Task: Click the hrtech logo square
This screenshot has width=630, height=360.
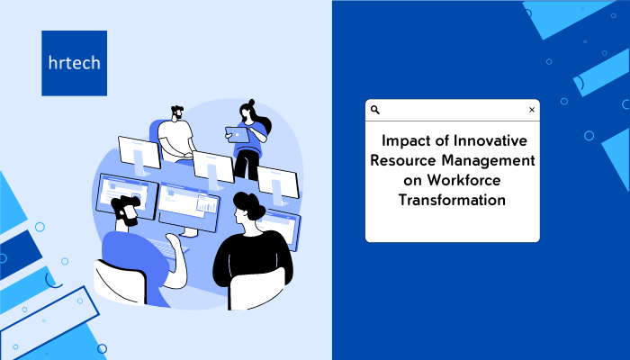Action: pos(75,63)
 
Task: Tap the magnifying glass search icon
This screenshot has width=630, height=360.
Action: pos(375,110)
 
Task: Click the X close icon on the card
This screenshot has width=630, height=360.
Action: pos(532,110)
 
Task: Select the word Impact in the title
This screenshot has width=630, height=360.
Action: pos(405,141)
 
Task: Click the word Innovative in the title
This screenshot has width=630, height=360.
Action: pos(490,140)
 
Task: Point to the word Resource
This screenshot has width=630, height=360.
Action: pos(403,160)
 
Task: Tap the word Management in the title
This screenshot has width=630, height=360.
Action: pos(488,161)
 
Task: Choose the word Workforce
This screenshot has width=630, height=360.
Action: pos(463,180)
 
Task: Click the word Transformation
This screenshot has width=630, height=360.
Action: pos(452,200)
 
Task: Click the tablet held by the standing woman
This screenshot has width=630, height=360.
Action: pos(238,135)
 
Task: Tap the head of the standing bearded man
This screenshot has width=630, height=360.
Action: pos(176,112)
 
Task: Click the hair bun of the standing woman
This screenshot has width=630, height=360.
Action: pos(251,102)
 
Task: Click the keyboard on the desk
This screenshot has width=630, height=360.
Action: pos(166,247)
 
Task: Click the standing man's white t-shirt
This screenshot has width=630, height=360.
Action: pos(175,138)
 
